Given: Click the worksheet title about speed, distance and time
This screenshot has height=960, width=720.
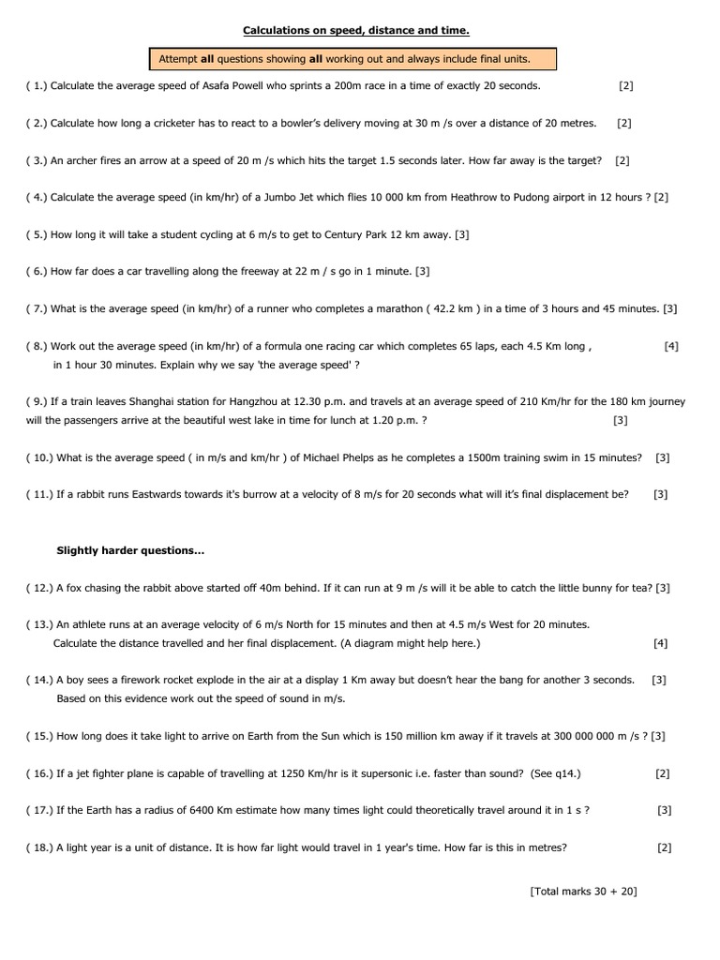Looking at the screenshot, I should coord(356,31).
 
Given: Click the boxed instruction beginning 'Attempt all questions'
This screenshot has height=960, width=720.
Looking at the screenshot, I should coord(344,59).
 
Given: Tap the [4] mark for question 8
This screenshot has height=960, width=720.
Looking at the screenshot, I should coord(671,346).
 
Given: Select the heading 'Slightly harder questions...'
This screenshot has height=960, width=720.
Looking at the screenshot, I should coord(130,550).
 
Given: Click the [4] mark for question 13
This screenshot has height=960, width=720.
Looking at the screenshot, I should coord(661,643).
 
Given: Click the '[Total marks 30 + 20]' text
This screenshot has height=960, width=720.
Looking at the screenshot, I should coord(583,892).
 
